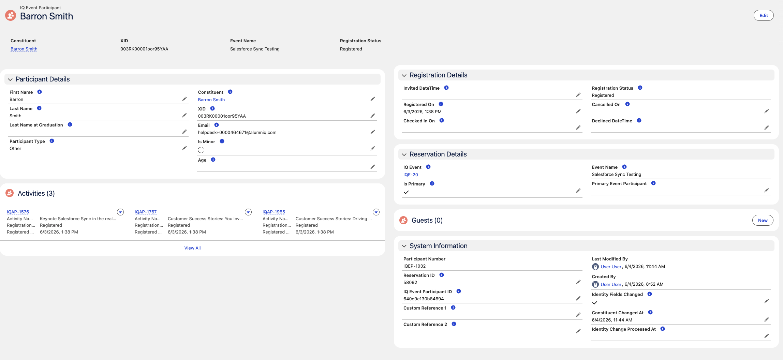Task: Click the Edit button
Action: click(x=763, y=15)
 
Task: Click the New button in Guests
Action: click(x=763, y=220)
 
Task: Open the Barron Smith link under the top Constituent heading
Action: click(x=24, y=49)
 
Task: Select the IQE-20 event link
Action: click(x=411, y=175)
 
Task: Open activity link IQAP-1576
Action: click(x=18, y=212)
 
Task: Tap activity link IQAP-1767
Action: click(x=146, y=212)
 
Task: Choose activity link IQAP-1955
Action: click(x=274, y=212)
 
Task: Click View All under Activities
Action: click(x=192, y=248)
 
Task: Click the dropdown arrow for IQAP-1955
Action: click(x=376, y=212)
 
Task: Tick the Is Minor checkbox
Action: click(x=201, y=150)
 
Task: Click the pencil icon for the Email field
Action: click(x=373, y=132)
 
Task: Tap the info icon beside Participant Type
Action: click(x=52, y=141)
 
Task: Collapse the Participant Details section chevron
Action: click(x=10, y=79)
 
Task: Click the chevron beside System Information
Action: click(x=404, y=246)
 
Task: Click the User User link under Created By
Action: click(x=611, y=284)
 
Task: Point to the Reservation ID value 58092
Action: click(x=410, y=282)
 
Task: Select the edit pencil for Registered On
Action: click(x=578, y=111)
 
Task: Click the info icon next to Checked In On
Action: click(x=442, y=120)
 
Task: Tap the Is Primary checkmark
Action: click(x=406, y=192)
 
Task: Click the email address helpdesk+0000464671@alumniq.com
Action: click(x=237, y=132)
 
